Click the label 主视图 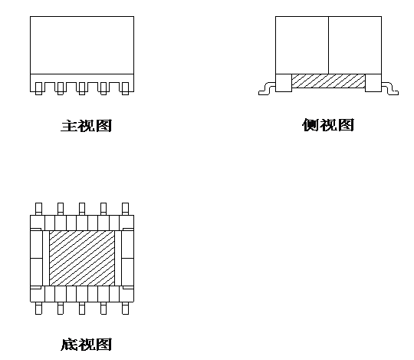click(x=87, y=126)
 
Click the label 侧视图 click(x=328, y=125)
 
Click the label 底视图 click(x=87, y=345)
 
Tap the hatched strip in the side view click(x=328, y=81)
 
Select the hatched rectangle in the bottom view click(x=82, y=258)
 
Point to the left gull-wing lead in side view click(x=267, y=89)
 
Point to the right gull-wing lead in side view click(x=390, y=89)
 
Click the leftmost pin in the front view click(x=38, y=88)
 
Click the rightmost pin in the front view click(x=126, y=88)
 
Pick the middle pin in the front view click(x=82, y=88)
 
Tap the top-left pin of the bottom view click(x=38, y=209)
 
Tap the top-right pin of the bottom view click(x=126, y=209)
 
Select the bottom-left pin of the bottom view click(x=38, y=309)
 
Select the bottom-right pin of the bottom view click(x=126, y=309)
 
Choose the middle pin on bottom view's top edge click(x=82, y=209)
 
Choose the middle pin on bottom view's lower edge click(x=82, y=309)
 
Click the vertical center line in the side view click(x=328, y=45)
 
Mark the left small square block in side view click(x=284, y=83)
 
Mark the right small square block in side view click(x=373, y=83)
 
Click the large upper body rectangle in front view click(x=82, y=45)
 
